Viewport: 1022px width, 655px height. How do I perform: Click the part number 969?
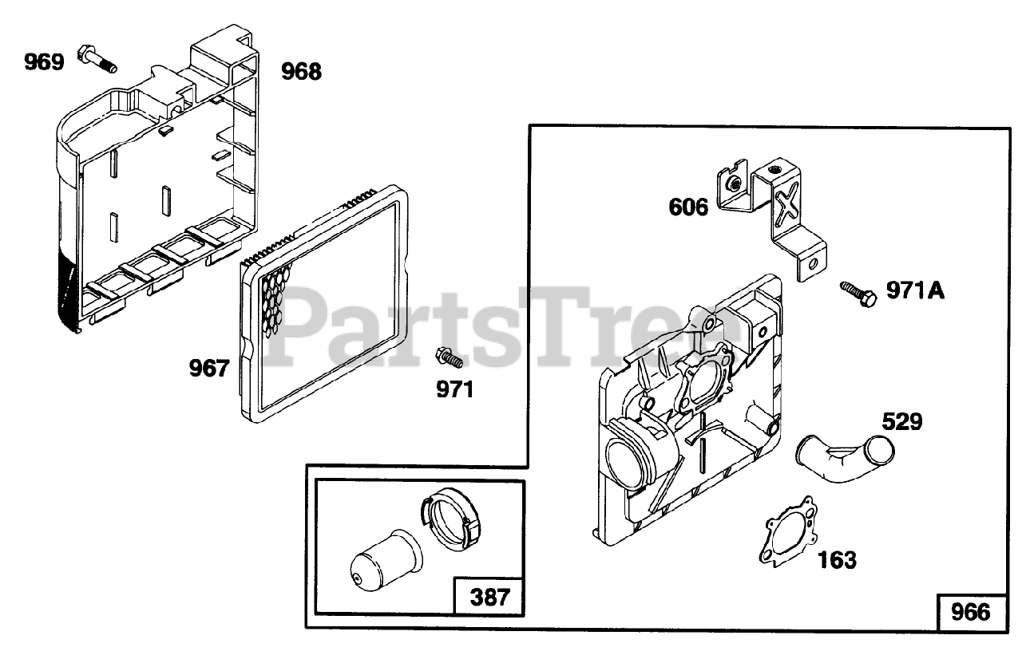click(43, 61)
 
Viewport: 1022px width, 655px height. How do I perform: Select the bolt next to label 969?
click(94, 57)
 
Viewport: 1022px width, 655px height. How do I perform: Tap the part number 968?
click(301, 72)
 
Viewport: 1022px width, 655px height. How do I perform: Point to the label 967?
click(208, 368)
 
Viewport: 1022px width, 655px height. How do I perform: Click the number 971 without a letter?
click(455, 389)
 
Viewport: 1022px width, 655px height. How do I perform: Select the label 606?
click(688, 207)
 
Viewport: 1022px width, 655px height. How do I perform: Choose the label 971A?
click(916, 290)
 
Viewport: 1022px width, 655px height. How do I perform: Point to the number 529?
click(901, 420)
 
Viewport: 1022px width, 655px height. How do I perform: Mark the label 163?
click(837, 560)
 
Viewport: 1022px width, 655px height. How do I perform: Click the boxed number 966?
click(970, 612)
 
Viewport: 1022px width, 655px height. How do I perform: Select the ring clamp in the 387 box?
click(451, 520)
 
